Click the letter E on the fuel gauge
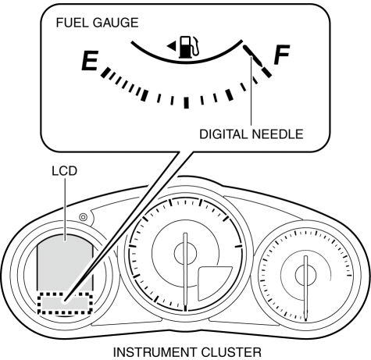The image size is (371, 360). coord(90,61)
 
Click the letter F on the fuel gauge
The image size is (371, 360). coord(282,55)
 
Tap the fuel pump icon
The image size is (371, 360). coord(189,47)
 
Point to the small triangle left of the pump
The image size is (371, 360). coord(171,47)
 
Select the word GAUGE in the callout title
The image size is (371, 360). coord(116,23)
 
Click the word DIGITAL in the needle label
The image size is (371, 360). coord(223,134)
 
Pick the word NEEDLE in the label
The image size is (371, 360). coord(278,134)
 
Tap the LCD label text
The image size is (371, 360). coord(65,171)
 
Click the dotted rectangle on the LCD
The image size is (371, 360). coord(65,293)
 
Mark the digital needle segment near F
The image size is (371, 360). coord(253,55)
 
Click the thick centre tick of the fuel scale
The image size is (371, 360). coord(186,102)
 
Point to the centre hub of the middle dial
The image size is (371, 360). coord(185,253)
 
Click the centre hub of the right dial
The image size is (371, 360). coord(306,275)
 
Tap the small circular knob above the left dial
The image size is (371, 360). coord(83,217)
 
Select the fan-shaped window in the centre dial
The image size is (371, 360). coord(213,283)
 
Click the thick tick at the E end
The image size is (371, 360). coord(105,72)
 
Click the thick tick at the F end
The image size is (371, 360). coord(266,72)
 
